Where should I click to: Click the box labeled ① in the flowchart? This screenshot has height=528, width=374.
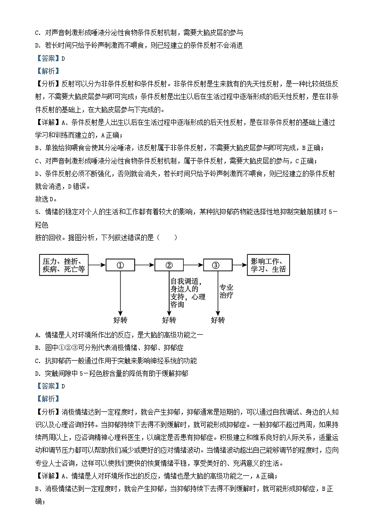(x=120, y=265)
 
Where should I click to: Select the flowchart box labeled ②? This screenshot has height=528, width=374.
(x=169, y=265)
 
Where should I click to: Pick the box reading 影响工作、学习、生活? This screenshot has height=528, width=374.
(x=268, y=265)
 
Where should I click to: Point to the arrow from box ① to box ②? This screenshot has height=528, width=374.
(x=145, y=265)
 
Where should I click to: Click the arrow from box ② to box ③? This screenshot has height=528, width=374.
(x=193, y=265)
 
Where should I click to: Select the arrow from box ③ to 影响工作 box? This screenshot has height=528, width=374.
(x=240, y=265)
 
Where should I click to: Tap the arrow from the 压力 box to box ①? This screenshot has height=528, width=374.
(x=98, y=265)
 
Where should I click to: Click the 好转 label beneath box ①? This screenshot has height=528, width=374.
(x=120, y=320)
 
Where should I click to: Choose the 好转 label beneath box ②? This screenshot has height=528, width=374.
(x=169, y=320)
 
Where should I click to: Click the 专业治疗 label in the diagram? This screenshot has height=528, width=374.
(x=227, y=292)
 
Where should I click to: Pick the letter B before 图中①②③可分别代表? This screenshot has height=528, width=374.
(x=37, y=348)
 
